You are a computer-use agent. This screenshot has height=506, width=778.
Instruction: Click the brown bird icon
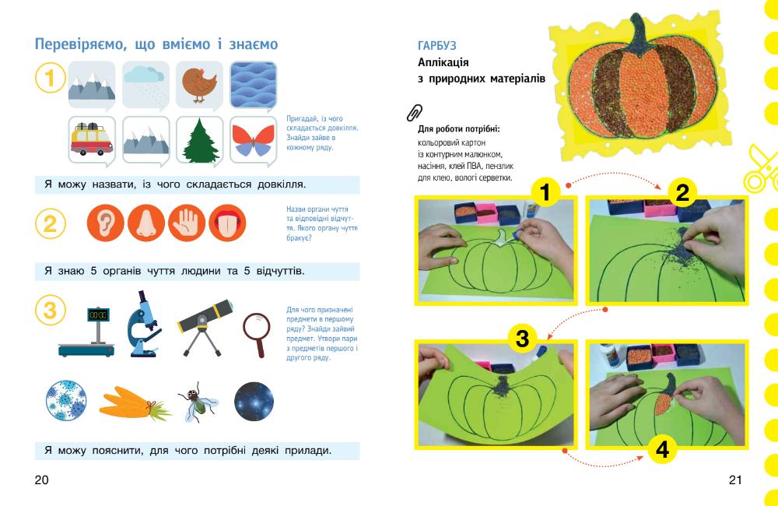coord(199,84)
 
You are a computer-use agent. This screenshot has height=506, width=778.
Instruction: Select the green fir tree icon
coord(200,141)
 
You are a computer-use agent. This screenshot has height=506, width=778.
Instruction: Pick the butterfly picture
coord(254,141)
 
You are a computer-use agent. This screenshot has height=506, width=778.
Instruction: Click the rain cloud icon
coord(145,77)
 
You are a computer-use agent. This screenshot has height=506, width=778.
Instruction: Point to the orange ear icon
coord(105,223)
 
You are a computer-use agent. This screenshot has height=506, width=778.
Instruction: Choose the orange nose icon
coord(146,223)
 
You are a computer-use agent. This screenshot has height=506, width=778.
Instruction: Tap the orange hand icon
coord(187,223)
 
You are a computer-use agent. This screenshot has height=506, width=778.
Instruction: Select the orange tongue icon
coord(227,223)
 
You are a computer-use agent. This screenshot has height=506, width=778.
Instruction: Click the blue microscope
coord(143,324)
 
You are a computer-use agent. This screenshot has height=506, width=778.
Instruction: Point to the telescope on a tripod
coord(205,325)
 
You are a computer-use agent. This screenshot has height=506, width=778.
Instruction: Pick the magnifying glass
coord(257,334)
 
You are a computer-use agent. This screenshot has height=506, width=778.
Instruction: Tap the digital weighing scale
coord(87,332)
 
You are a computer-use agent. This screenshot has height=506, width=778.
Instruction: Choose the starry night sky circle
coord(254,401)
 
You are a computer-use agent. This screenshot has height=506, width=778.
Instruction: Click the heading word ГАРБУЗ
coord(436,46)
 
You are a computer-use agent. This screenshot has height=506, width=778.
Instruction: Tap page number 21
coord(735,480)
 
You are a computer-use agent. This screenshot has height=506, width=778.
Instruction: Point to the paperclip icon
coord(415,113)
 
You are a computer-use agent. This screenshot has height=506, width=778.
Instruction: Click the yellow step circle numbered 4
coord(662,449)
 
